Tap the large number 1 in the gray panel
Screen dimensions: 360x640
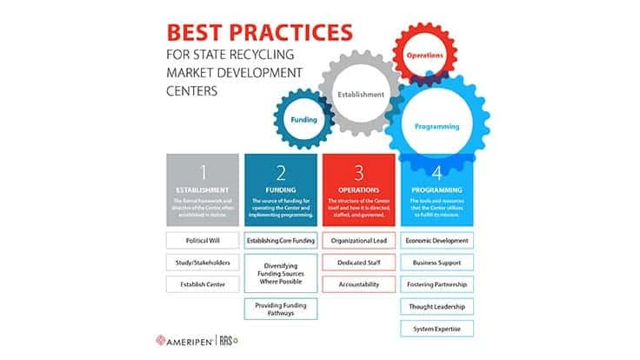202,172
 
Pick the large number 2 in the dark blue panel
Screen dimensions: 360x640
281,172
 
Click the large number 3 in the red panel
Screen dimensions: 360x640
358,172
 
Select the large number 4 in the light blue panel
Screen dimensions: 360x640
437,172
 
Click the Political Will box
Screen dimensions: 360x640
202,240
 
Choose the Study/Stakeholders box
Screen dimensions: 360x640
202,262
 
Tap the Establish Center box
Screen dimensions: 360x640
202,283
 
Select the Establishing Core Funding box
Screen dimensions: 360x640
281,240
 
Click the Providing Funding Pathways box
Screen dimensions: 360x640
281,309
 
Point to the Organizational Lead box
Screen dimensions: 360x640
358,240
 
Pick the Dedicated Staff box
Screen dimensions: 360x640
358,262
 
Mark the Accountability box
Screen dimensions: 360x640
358,283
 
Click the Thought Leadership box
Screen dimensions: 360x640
437,306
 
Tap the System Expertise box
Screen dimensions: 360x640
437,328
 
